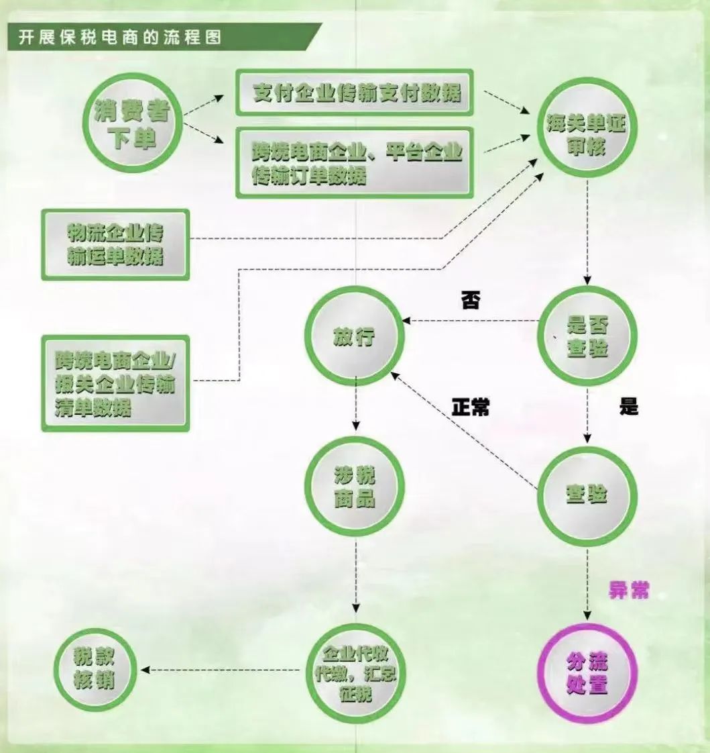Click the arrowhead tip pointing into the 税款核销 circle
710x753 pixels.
click(141, 670)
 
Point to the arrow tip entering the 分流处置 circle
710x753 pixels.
click(587, 619)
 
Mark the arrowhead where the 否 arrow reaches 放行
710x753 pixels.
click(402, 321)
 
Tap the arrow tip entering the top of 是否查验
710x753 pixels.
click(587, 285)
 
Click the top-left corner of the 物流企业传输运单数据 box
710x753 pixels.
click(42, 209)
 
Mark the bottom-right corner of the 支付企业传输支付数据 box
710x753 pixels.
click(473, 115)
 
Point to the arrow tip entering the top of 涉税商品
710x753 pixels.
click(355, 430)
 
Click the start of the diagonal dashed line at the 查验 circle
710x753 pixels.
click(538, 489)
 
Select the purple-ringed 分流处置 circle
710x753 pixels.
click(587, 672)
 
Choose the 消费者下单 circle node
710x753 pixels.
click(132, 123)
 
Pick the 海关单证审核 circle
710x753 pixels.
click(587, 128)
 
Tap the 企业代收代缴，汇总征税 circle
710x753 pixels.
click(355, 673)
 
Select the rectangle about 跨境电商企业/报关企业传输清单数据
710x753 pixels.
click(115, 383)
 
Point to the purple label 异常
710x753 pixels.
click(628, 590)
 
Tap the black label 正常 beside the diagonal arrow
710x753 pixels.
click(471, 407)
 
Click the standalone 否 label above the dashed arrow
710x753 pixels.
click(470, 300)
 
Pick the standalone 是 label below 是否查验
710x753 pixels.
click(628, 406)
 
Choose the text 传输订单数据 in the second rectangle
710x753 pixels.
click(309, 176)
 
